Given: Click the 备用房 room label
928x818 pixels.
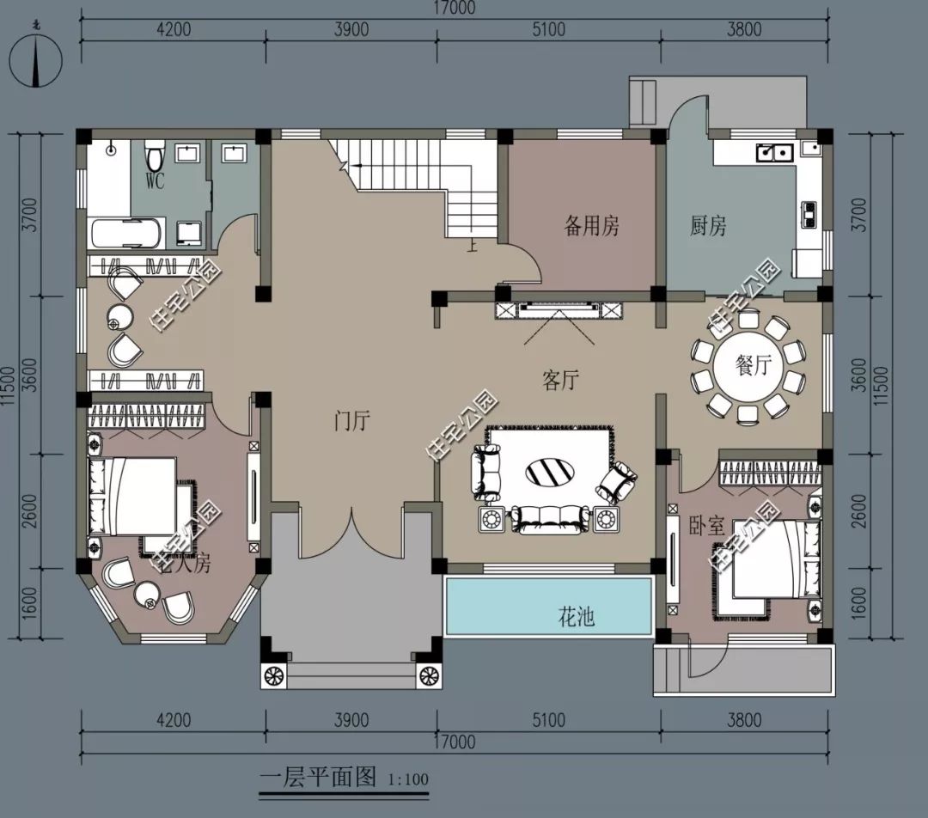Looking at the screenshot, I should click(591, 226).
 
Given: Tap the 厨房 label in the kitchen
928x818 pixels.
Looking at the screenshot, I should click(708, 226).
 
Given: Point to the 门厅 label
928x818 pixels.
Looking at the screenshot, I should click(351, 421).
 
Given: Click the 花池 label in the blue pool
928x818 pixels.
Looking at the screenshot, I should click(577, 616).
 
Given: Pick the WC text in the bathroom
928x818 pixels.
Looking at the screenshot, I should click(156, 181).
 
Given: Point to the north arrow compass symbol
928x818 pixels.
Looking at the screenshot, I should click(35, 61).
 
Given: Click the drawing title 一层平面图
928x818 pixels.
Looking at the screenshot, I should click(318, 778).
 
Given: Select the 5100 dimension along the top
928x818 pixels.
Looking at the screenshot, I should click(548, 30).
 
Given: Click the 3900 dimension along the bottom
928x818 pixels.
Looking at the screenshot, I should click(351, 720).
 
